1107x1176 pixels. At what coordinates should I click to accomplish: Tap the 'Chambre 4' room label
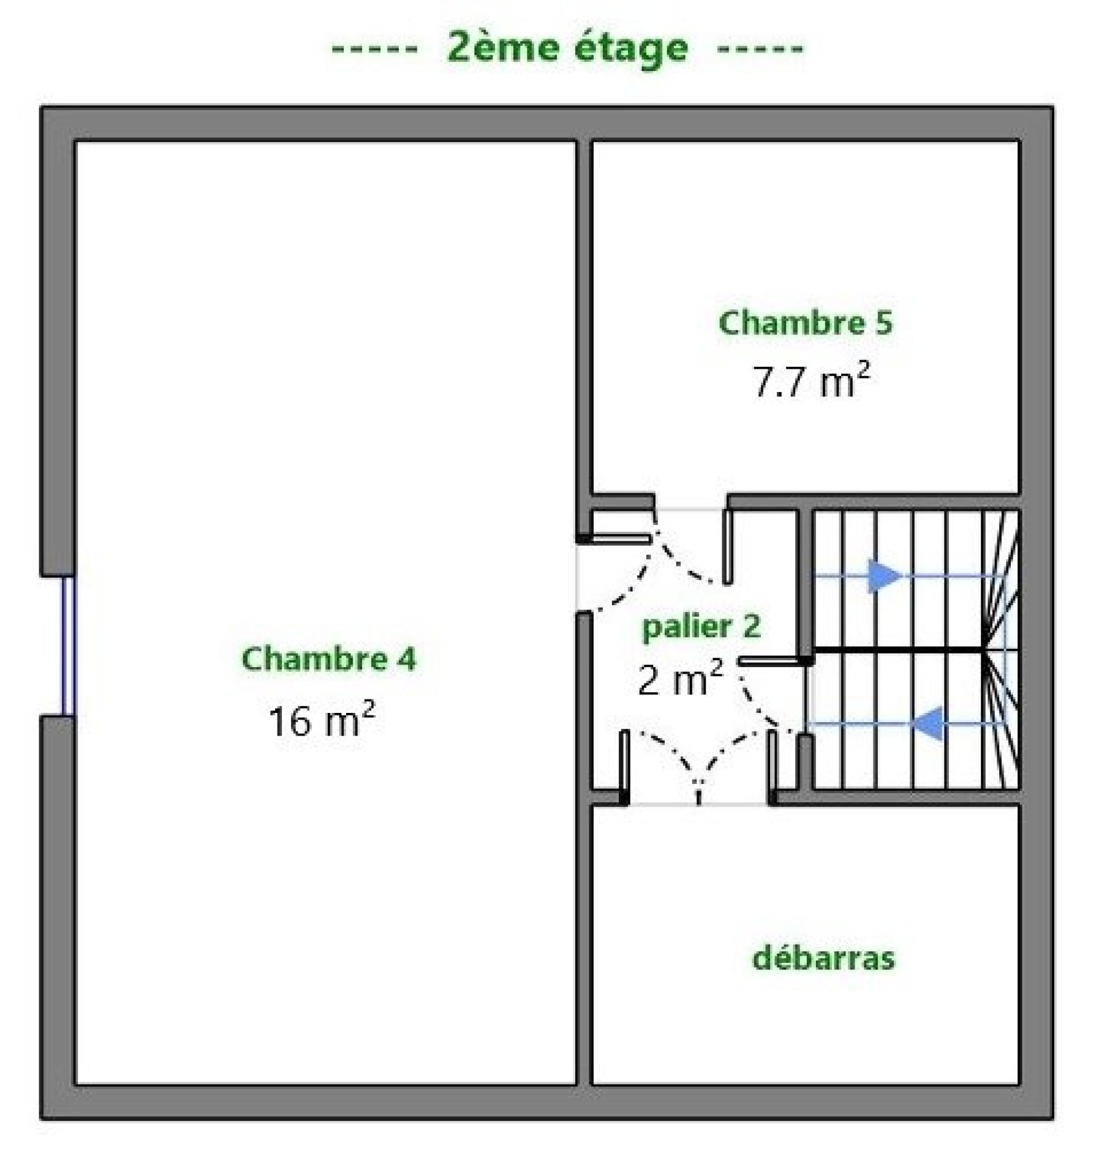(329, 659)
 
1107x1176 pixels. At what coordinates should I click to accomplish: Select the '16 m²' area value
(322, 720)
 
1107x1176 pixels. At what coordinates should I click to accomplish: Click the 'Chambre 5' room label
(806, 323)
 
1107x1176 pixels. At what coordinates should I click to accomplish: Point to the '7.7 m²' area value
(811, 380)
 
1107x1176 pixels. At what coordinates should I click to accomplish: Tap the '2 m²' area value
(681, 679)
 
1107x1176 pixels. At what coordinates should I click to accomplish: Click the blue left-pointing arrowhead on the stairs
(928, 723)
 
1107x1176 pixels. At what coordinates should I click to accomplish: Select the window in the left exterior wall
(68, 646)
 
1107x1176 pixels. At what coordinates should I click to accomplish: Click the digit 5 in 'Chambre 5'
(884, 323)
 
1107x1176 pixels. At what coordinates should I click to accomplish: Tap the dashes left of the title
(374, 49)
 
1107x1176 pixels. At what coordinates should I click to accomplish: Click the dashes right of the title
(760, 49)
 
